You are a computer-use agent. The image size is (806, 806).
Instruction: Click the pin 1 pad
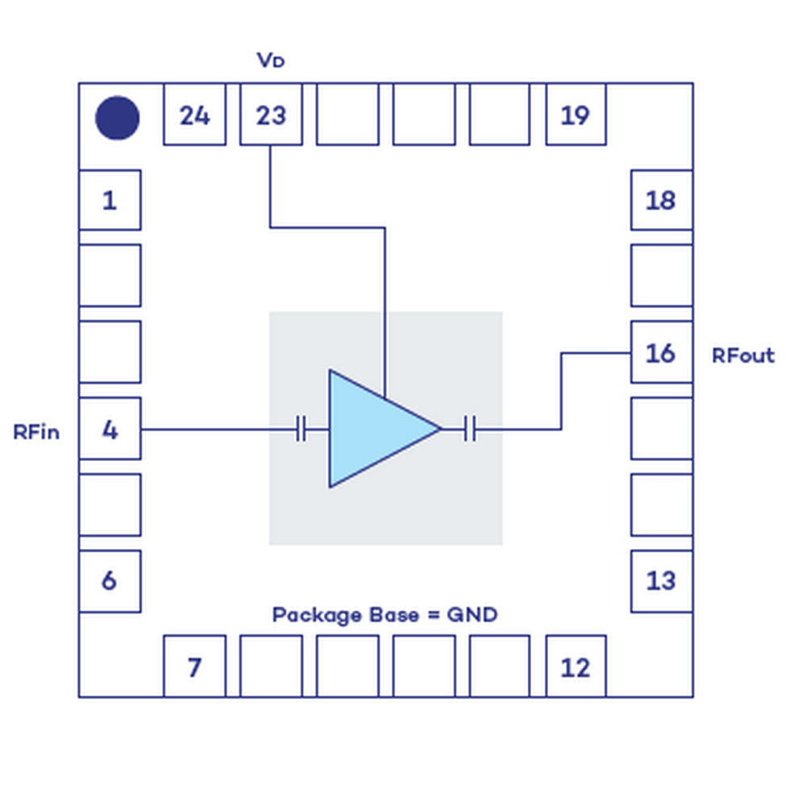pyautogui.click(x=110, y=200)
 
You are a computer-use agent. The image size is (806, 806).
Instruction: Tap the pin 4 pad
pyautogui.click(x=110, y=429)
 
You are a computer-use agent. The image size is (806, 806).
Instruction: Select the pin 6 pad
pyautogui.click(x=110, y=580)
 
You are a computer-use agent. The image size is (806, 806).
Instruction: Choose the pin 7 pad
pyautogui.click(x=194, y=666)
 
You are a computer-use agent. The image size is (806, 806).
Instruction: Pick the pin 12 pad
pyautogui.click(x=575, y=666)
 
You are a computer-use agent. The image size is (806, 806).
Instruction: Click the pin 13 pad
pyautogui.click(x=661, y=580)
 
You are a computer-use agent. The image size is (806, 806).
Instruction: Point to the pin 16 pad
pyautogui.click(x=661, y=352)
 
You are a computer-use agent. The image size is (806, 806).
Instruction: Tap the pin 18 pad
pyautogui.click(x=661, y=200)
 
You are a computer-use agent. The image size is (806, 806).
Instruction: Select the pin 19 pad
pyautogui.click(x=575, y=114)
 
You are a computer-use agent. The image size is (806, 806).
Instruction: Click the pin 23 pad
pyautogui.click(x=271, y=114)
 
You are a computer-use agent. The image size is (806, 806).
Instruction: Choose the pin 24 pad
pyautogui.click(x=194, y=114)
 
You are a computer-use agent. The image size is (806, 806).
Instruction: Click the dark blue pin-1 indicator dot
pyautogui.click(x=118, y=118)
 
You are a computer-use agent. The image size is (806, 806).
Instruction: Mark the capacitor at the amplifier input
pyautogui.click(x=301, y=429)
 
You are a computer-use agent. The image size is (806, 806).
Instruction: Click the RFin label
pyautogui.click(x=36, y=432)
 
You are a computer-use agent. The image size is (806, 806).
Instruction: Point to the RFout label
pyautogui.click(x=742, y=355)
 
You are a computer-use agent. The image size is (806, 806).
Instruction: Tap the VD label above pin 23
pyautogui.click(x=271, y=60)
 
